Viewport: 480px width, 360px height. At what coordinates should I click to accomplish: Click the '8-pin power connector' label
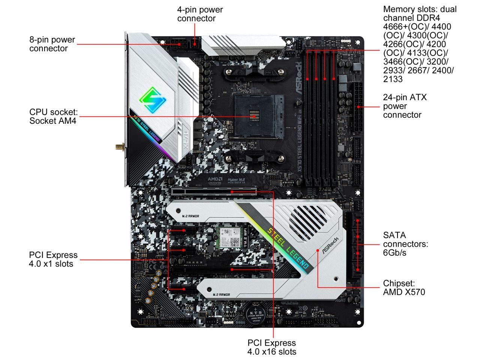point(52,44)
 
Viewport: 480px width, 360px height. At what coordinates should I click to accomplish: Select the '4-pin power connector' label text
point(199,14)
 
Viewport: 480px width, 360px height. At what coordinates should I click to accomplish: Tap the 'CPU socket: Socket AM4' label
point(53,116)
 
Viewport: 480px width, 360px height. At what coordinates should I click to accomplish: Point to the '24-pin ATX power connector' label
point(405,106)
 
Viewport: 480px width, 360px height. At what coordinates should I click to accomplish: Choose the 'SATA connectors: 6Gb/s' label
point(405,244)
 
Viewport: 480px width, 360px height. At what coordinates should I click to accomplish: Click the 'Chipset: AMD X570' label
point(404,288)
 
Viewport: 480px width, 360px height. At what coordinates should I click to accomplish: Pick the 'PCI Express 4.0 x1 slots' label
point(53,259)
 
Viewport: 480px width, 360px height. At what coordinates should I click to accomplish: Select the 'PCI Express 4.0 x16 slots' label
point(271,347)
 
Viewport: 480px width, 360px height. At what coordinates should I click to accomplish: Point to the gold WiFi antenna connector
point(119,146)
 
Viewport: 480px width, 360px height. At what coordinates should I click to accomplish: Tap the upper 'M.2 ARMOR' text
point(190,216)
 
